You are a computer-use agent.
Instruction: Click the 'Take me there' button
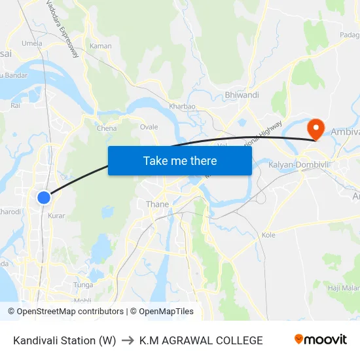click(180, 160)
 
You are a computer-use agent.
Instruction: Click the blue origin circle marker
click(43, 197)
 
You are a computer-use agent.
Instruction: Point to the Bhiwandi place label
click(242, 95)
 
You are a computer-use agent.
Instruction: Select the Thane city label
click(157, 204)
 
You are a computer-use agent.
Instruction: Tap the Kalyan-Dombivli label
click(298, 165)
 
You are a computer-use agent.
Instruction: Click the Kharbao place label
click(182, 106)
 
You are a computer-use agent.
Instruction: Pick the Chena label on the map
click(107, 128)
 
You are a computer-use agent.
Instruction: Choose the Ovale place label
click(149, 127)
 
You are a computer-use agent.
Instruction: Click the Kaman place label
click(101, 46)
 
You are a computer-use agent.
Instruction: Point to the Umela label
click(31, 43)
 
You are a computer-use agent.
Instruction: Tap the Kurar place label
click(56, 215)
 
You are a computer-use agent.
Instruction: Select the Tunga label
click(83, 285)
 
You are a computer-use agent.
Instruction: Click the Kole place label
click(268, 234)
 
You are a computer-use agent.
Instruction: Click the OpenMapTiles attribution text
click(164, 312)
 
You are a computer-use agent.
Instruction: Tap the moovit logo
click(320, 340)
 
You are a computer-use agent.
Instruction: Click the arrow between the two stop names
click(128, 340)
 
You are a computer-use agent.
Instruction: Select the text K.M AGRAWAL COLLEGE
click(201, 340)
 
